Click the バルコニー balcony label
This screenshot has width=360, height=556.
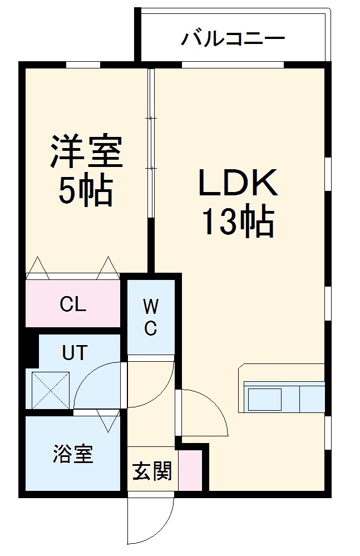click(233, 39)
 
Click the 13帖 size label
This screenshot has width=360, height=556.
click(238, 223)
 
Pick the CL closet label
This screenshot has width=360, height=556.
click(73, 304)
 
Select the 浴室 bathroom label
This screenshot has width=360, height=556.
click(73, 454)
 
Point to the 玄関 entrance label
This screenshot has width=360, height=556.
click(152, 472)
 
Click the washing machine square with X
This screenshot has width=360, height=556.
click(51, 390)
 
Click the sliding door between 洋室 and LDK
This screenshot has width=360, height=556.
click(151, 145)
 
